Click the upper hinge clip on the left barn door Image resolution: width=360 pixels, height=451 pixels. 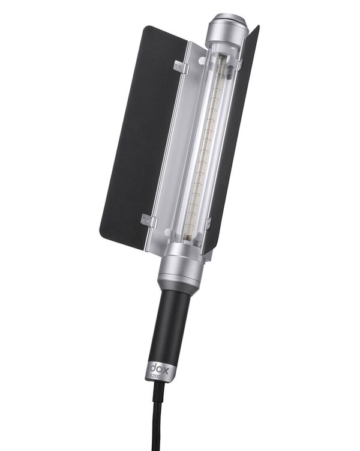tap(181, 67)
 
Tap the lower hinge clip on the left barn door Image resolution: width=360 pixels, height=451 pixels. tap(148, 220)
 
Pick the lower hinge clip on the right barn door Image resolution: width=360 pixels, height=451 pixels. tap(207, 224)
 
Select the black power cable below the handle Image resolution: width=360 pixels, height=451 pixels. tap(157, 420)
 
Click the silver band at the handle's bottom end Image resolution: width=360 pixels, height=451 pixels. tap(159, 371)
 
